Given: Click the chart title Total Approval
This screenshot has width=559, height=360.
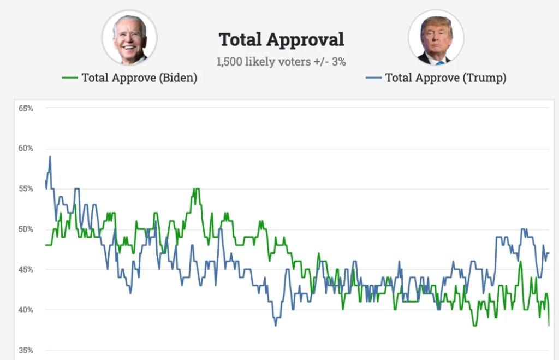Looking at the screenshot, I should click(281, 39).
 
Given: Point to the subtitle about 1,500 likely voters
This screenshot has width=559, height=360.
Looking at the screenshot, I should click(281, 62).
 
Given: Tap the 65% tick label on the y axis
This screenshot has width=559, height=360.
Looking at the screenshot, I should click(26, 109).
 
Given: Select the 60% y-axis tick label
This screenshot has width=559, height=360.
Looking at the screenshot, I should click(26, 149).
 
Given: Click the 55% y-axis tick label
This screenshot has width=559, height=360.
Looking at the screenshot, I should click(26, 189).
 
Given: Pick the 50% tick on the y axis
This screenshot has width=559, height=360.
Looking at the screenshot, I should click(26, 229).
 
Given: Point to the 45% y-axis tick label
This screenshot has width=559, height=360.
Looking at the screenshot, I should click(26, 270).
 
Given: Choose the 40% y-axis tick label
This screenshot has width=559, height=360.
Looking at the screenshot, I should click(26, 310).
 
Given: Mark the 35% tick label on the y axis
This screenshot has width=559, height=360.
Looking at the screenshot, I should click(26, 350).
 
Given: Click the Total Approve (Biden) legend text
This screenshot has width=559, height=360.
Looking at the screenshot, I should click(139, 78).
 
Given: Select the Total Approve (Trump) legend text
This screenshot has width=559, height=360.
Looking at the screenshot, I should click(445, 78).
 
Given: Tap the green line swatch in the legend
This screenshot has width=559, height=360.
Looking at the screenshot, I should click(70, 78).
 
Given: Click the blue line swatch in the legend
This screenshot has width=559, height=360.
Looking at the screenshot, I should click(373, 78).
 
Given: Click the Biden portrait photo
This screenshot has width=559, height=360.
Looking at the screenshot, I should click(129, 38).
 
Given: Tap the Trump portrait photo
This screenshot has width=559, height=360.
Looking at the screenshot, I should click(436, 38).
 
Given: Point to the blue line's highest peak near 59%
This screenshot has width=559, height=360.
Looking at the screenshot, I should click(50, 157).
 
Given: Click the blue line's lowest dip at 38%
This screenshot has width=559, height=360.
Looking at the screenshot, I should click(276, 326).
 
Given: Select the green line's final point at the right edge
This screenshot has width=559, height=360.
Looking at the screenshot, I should click(549, 326).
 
